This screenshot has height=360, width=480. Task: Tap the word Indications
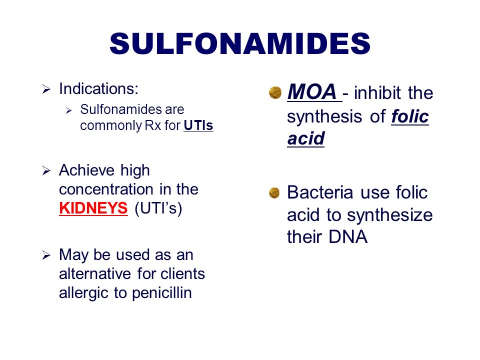click(98, 89)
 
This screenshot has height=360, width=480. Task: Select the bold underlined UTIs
click(198, 125)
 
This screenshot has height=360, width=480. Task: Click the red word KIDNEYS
click(93, 208)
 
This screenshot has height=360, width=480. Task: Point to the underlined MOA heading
click(311, 92)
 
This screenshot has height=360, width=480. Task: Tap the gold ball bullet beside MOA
click(274, 92)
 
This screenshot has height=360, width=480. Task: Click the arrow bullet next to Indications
click(46, 90)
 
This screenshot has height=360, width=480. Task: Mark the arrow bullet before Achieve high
click(46, 171)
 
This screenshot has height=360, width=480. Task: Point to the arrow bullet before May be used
click(46, 255)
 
